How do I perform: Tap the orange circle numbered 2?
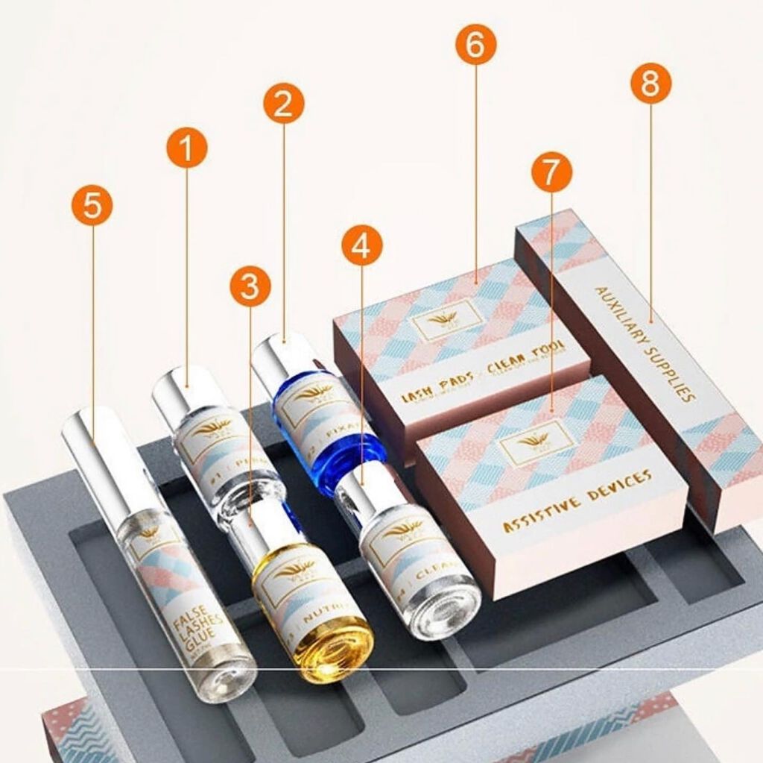284,104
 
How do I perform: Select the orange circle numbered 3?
250,286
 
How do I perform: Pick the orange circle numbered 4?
361,246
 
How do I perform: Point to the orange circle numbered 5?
92,205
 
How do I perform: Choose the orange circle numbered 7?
551,172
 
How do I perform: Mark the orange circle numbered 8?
650,84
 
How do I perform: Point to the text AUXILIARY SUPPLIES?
645,344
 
